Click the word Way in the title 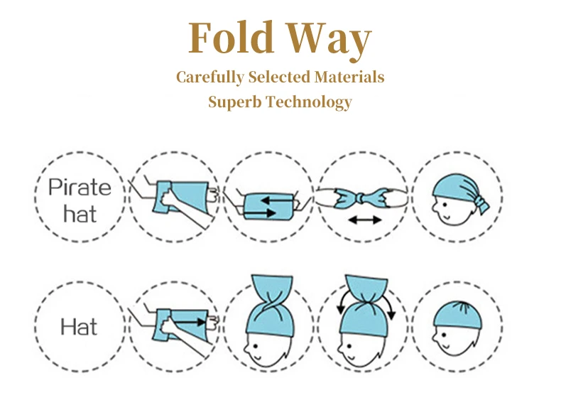(x=328, y=40)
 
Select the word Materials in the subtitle (x=347, y=77)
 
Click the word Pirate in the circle (x=80, y=188)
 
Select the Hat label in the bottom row (x=79, y=327)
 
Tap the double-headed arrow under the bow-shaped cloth (x=364, y=220)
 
